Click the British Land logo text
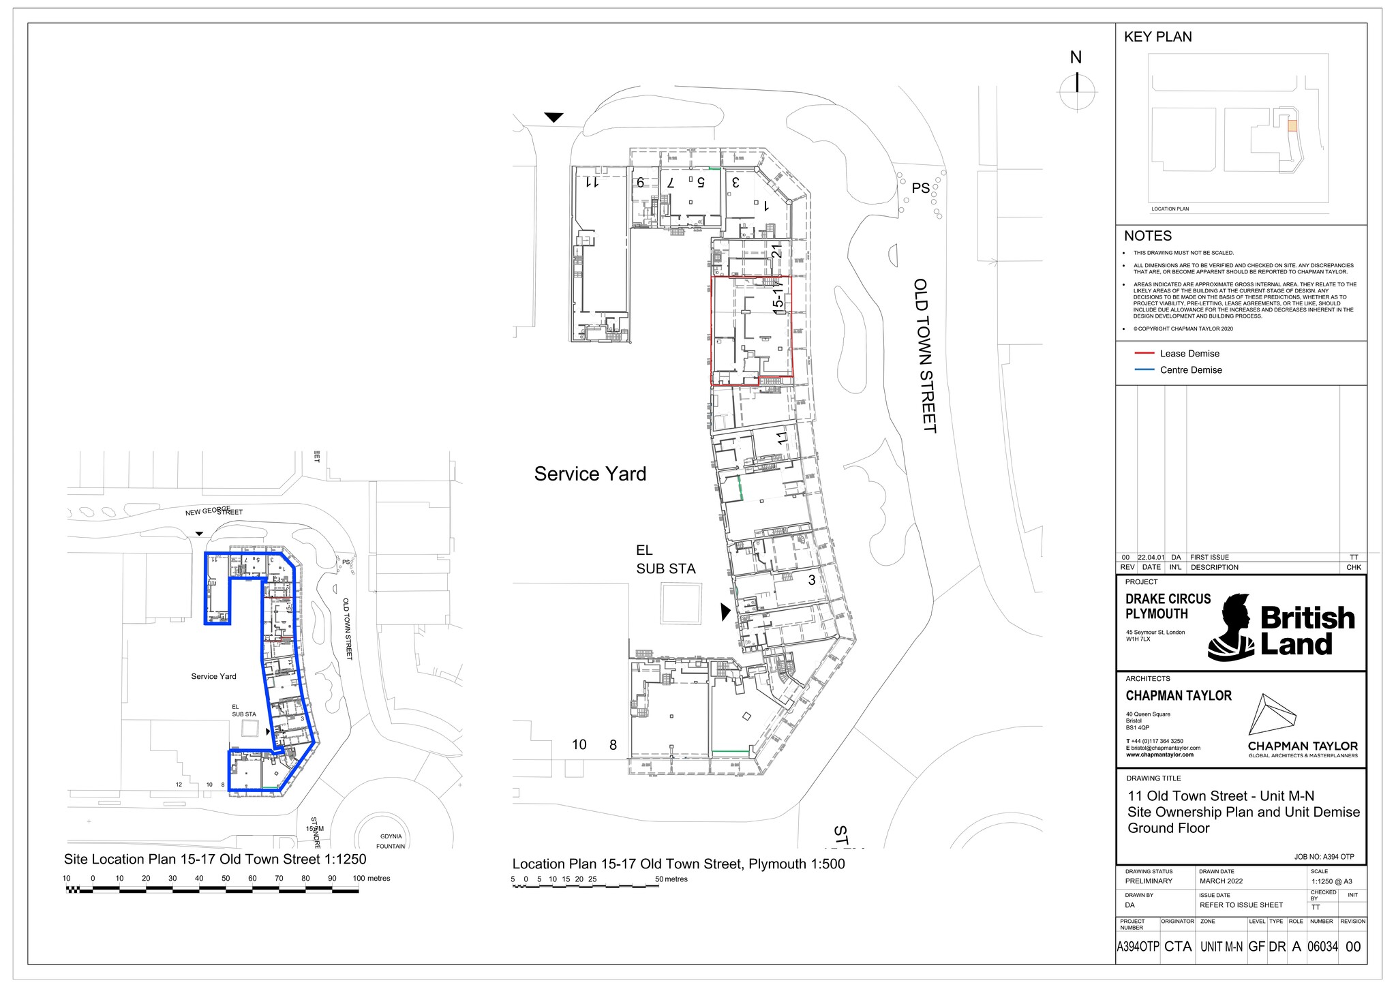1307,631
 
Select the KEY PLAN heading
1157,37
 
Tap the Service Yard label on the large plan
590,474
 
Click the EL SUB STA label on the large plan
665,560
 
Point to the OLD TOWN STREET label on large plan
924,355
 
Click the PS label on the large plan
920,188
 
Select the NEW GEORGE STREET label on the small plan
213,511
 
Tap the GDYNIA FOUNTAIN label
391,841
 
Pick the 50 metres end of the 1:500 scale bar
658,887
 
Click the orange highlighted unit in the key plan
1292,125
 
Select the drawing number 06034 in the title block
1322,946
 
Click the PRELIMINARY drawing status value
1149,881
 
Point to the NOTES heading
1148,236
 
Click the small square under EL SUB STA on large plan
681,603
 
